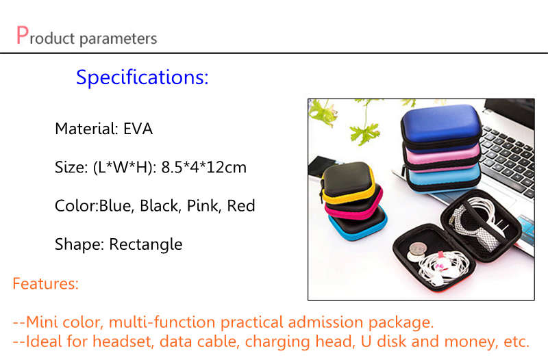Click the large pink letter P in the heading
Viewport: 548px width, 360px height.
(23, 35)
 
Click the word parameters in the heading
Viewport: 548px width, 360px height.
(119, 39)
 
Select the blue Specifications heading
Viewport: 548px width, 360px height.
(142, 77)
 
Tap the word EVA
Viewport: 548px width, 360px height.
(138, 129)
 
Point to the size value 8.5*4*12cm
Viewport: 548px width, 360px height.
(203, 167)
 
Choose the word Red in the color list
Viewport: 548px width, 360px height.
(241, 205)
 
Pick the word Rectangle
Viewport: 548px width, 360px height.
(146, 244)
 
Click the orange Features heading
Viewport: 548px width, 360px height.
(45, 283)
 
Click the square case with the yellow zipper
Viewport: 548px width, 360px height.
(347, 181)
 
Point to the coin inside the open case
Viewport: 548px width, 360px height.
(418, 250)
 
